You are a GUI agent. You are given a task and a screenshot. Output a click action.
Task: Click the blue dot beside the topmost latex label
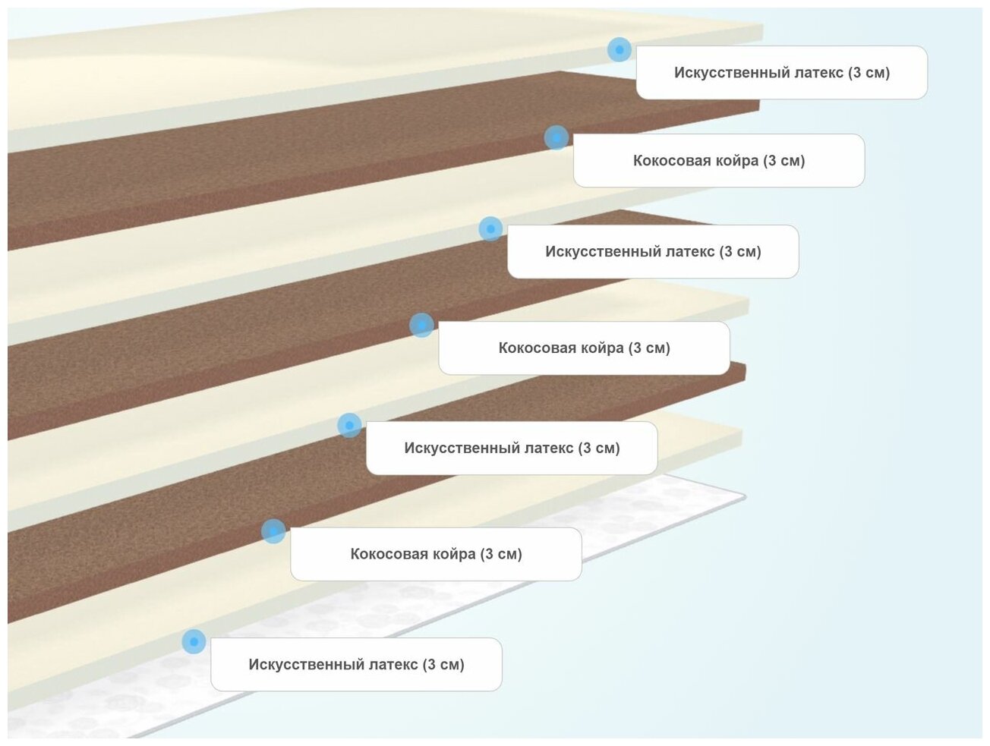620,50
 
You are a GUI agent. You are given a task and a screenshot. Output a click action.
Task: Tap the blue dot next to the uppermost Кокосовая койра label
556,137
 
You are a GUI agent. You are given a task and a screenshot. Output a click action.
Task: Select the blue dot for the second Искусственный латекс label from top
490,228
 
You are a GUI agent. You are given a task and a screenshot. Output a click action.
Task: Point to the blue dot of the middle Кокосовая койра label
421,326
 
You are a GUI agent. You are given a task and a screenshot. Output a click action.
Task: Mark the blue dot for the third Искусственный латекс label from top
349,425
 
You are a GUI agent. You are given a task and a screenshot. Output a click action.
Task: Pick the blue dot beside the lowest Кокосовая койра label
273,531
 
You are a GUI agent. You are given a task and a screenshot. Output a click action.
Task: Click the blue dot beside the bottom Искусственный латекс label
194,641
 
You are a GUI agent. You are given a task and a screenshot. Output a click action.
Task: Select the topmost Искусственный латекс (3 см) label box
781,73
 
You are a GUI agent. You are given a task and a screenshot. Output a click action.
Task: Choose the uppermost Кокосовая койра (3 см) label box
718,161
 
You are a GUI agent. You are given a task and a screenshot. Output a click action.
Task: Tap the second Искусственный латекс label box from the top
653,252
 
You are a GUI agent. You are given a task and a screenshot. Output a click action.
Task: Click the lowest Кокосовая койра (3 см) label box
436,554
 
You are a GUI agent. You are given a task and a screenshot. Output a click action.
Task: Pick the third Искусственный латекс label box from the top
512,449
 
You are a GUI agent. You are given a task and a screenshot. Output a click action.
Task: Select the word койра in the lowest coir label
454,554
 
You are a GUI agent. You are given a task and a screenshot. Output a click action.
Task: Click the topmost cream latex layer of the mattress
228,68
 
